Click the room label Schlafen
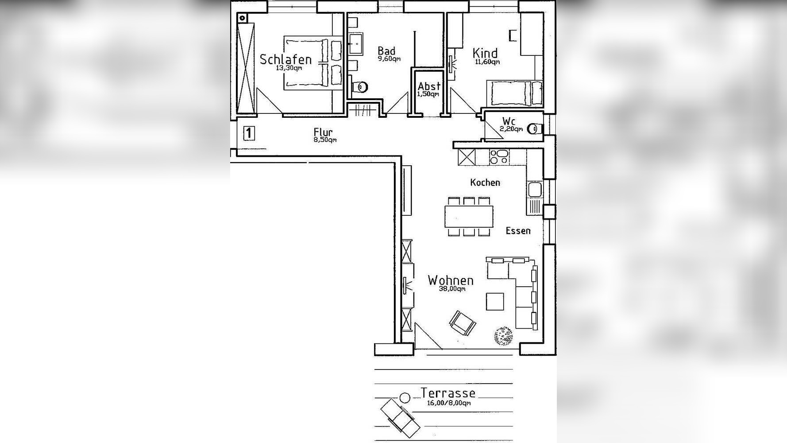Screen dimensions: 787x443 [285, 59]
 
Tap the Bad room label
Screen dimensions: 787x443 [386, 51]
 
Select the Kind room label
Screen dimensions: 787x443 [485, 53]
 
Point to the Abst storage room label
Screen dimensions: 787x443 [429, 86]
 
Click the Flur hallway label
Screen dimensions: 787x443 [323, 132]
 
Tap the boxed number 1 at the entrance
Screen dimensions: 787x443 [249, 133]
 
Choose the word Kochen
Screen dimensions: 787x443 [485, 183]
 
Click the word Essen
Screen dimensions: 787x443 [518, 231]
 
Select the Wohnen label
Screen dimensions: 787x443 [451, 280]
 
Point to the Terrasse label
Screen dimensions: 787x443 [448, 393]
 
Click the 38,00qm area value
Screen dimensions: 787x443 [452, 289]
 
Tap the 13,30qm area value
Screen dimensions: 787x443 [289, 68]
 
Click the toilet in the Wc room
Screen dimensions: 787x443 [535, 128]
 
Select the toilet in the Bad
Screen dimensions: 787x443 [359, 87]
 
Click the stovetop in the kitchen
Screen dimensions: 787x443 [499, 156]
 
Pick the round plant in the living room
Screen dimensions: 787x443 [503, 336]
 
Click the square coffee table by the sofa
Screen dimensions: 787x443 [495, 302]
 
